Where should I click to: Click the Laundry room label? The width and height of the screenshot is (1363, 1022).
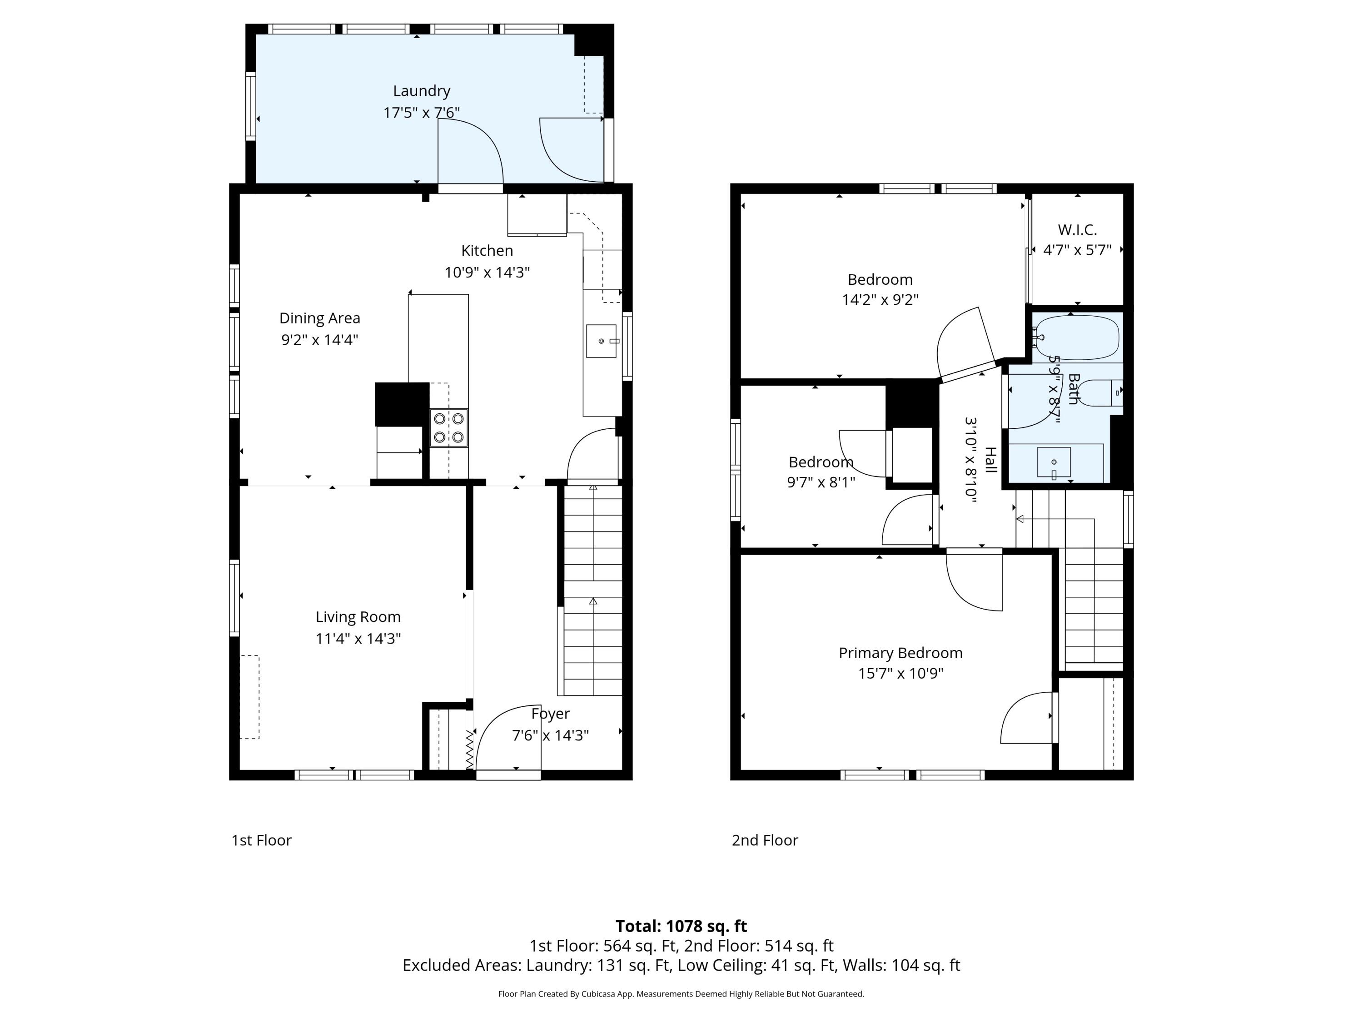422,91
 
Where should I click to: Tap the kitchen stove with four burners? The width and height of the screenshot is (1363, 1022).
448,427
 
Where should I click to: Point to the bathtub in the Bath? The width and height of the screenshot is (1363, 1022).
1076,337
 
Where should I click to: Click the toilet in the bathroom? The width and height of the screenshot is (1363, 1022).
1100,393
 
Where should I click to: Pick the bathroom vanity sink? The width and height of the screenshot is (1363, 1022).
1054,462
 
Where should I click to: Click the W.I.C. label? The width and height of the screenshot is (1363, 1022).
1077,230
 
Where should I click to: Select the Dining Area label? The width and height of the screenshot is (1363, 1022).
320,318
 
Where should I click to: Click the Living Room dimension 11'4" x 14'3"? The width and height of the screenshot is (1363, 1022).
358,638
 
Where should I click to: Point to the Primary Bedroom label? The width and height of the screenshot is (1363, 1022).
900,653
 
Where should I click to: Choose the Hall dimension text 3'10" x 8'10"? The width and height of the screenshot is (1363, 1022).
970,460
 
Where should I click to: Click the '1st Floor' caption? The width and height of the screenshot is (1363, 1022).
261,840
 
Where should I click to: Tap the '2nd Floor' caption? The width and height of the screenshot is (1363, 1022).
765,840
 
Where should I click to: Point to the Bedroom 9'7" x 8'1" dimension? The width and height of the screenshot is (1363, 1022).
821,482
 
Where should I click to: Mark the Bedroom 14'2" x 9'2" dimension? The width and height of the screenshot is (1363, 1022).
880,299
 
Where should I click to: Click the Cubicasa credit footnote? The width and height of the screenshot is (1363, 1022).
681,994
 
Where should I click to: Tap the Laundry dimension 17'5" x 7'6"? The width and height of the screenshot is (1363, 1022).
422,113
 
